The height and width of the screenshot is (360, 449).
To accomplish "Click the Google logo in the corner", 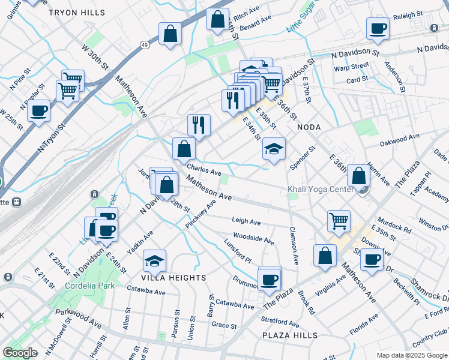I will pyautogui.click(x=20, y=353).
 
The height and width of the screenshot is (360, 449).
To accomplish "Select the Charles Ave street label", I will pyautogui.click(x=204, y=171).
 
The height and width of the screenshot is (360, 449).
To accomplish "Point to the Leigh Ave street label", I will pyautogui.click(x=246, y=221).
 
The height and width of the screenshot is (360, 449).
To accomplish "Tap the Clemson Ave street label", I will pyautogui.click(x=294, y=245).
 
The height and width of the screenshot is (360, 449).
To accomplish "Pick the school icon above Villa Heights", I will pyautogui.click(x=154, y=261).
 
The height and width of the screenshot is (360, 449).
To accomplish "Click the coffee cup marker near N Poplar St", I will pyautogui.click(x=38, y=110).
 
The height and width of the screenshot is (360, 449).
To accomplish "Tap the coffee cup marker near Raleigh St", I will pyautogui.click(x=378, y=28).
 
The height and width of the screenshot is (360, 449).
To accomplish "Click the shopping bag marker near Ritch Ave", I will pyautogui.click(x=217, y=19).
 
